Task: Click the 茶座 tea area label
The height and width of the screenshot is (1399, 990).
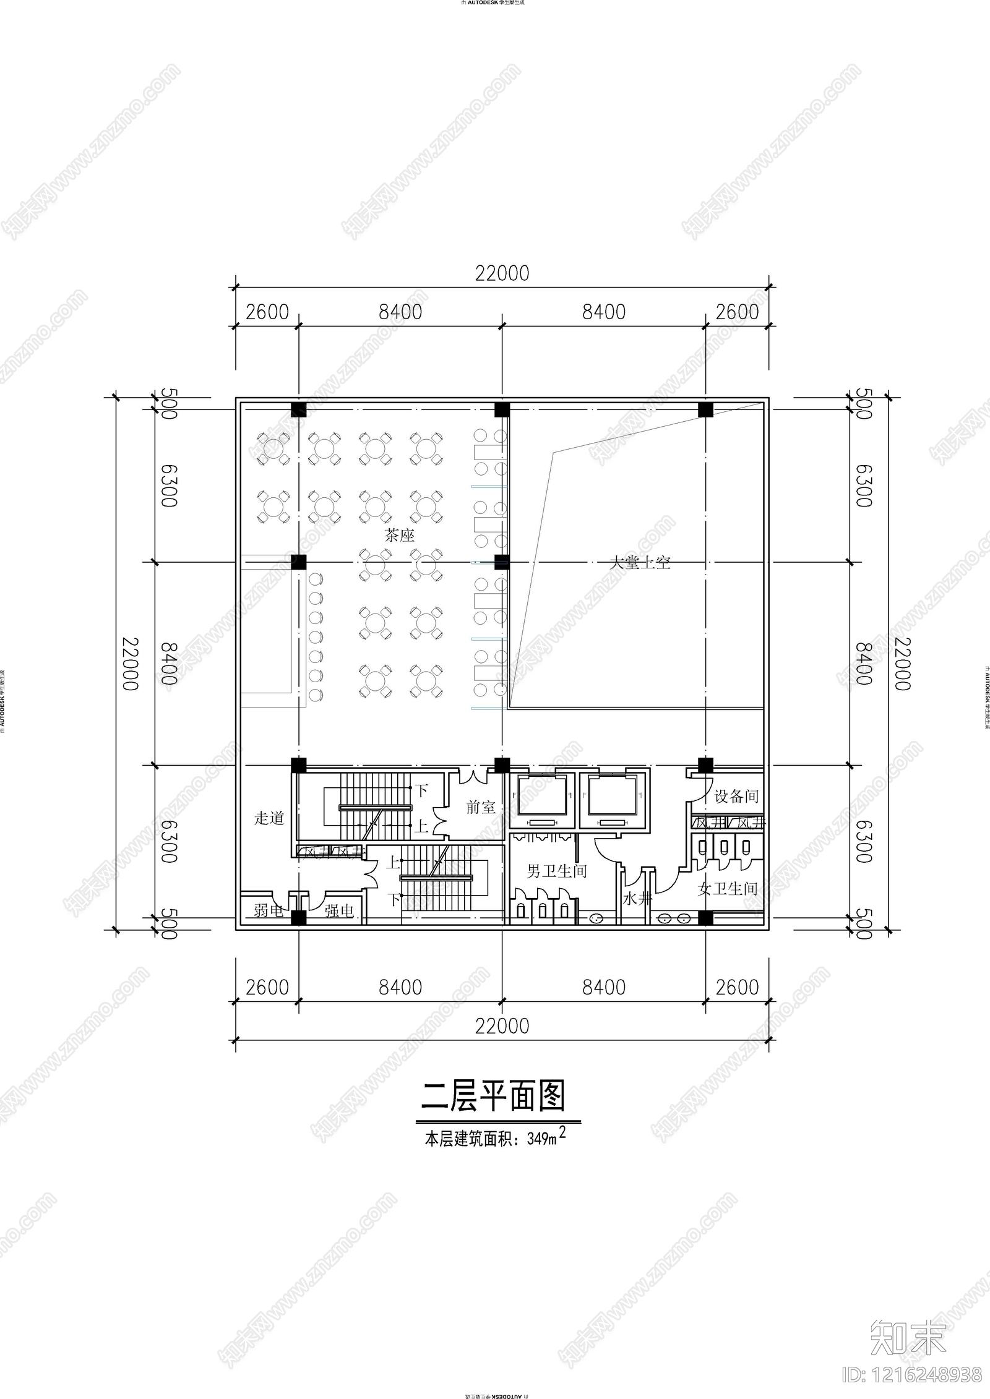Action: coord(399,535)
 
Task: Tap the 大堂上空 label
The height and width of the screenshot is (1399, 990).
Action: coord(639,563)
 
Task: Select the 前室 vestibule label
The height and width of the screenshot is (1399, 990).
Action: coord(480,806)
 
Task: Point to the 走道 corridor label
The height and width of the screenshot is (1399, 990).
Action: coord(269,818)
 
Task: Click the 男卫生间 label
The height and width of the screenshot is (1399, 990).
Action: coord(556,871)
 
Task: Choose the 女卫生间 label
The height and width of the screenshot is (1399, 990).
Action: coord(727,889)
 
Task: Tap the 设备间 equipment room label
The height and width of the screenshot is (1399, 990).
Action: coord(736,796)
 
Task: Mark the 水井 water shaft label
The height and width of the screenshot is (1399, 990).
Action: coord(637,899)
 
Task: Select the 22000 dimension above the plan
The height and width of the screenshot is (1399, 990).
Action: coord(502,273)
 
